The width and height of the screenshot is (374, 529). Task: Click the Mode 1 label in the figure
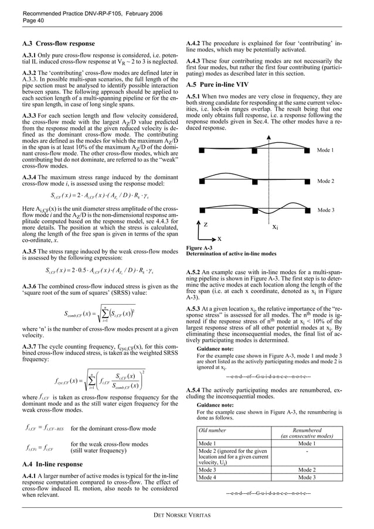325,150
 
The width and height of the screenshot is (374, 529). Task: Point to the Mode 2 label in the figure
325,181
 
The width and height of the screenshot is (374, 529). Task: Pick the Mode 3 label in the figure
325,209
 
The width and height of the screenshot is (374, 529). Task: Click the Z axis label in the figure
206,225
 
